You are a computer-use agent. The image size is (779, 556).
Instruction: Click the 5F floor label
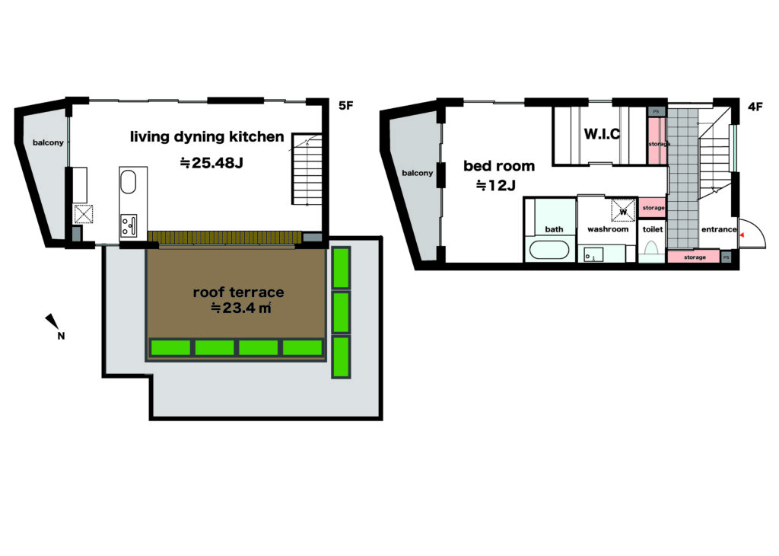(346, 105)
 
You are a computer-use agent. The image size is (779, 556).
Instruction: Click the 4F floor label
(755, 107)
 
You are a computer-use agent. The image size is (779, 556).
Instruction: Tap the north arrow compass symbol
(55, 326)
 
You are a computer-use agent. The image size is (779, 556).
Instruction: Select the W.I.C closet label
(602, 134)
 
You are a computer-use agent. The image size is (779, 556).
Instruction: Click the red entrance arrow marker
(742, 235)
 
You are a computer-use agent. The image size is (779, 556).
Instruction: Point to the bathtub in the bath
(549, 250)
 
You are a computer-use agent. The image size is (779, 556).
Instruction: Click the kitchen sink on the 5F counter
(128, 182)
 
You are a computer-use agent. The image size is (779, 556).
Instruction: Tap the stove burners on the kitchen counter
(128, 225)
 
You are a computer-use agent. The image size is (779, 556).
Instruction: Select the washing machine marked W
(623, 210)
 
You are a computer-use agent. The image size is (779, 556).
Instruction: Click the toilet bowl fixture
(651, 248)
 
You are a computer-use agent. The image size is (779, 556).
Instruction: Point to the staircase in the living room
(307, 169)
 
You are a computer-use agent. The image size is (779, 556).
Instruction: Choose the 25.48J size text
(211, 163)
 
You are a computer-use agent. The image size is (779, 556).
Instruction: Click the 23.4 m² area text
(241, 308)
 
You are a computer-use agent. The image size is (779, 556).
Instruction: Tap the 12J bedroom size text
(496, 186)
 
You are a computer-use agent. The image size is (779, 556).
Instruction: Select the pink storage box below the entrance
(694, 257)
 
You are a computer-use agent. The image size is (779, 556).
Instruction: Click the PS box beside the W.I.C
(656, 112)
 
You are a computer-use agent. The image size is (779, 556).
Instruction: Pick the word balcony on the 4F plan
(418, 173)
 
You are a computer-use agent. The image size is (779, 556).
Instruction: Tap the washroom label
(608, 229)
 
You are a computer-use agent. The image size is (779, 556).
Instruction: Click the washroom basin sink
(593, 254)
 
